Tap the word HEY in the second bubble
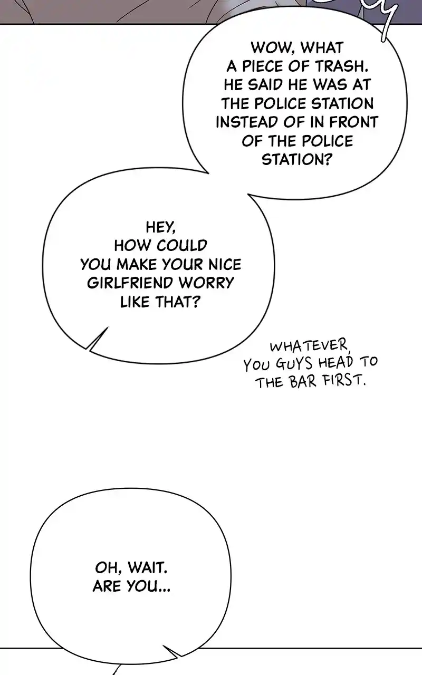(x=160, y=227)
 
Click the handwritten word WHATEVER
(x=310, y=346)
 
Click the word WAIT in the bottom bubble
(x=147, y=568)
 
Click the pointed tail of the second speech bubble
(x=88, y=349)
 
